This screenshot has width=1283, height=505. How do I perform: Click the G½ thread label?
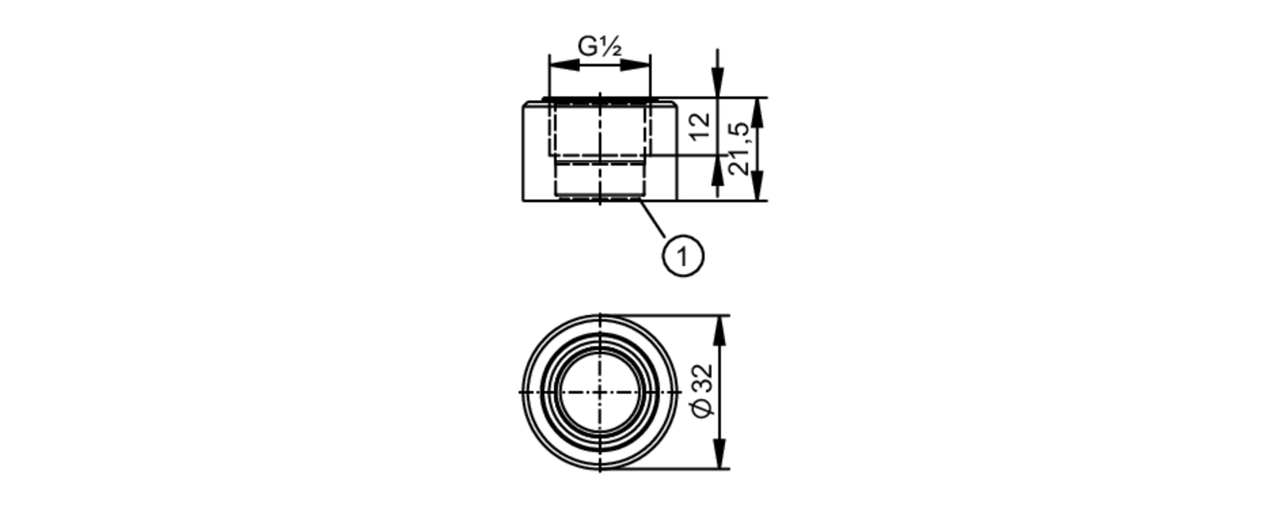(x=600, y=46)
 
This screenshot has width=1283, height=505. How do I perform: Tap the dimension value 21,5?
(x=739, y=148)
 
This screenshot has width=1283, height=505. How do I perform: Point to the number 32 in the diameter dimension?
(x=702, y=380)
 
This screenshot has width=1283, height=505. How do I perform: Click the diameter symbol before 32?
(x=703, y=408)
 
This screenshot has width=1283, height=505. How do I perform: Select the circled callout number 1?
(x=683, y=257)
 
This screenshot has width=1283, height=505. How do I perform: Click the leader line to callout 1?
(x=654, y=220)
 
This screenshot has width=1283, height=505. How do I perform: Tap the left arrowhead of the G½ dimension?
(x=565, y=64)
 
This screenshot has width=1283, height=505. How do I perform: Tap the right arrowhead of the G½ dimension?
(x=635, y=64)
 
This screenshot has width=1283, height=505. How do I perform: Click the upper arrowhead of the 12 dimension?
(x=718, y=82)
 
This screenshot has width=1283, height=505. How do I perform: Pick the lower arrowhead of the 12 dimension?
(x=718, y=170)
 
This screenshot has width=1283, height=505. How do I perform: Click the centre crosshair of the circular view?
(x=600, y=391)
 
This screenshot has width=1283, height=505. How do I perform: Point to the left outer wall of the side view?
(x=524, y=152)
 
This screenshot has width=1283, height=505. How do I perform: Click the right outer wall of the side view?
(x=677, y=152)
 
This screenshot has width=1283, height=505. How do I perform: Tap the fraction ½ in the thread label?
(x=611, y=46)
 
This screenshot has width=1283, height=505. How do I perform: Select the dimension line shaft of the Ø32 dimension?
(x=721, y=392)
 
